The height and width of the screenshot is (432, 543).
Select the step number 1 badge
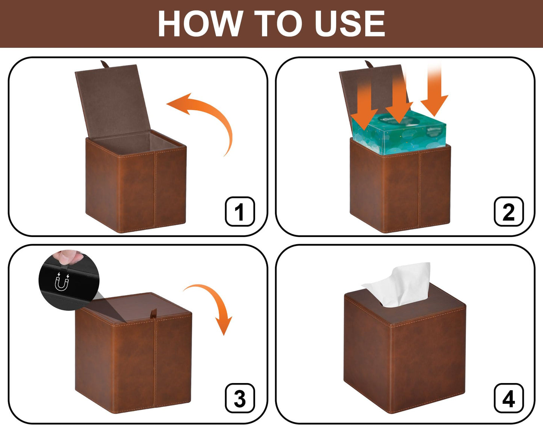[240, 211]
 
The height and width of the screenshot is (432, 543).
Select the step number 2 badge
[508, 211]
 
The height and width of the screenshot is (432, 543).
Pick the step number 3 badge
[240, 399]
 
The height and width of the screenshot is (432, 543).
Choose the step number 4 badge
[508, 399]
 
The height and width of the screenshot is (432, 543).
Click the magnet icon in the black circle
[62, 282]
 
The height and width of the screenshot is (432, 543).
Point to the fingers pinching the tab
[68, 257]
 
